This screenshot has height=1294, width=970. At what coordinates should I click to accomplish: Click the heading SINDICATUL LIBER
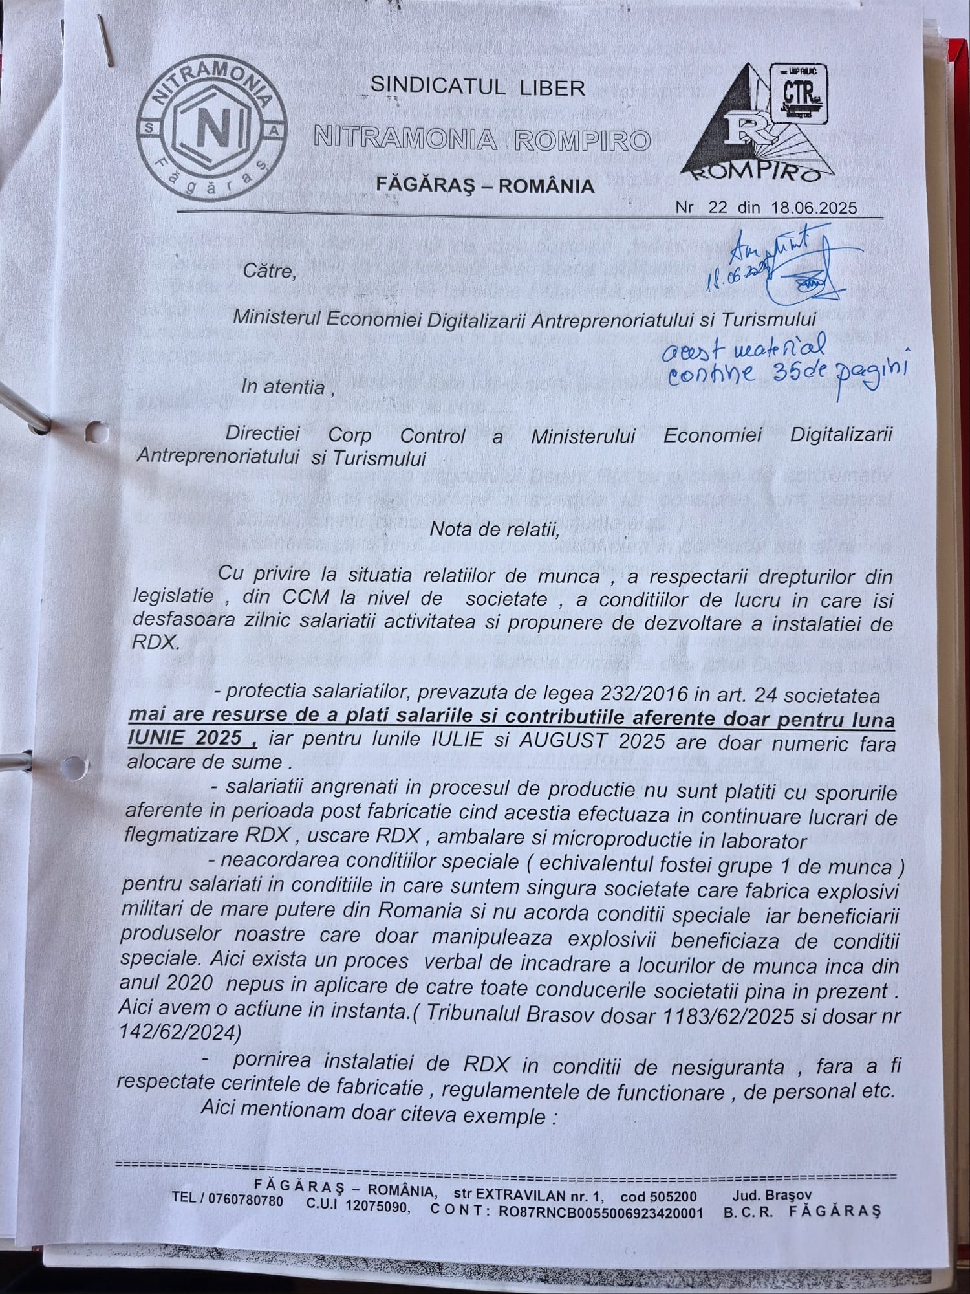coord(477,87)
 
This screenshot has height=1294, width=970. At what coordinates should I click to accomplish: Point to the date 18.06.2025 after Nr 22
coord(814,208)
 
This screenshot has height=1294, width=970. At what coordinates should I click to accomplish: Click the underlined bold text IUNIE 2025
coord(186,738)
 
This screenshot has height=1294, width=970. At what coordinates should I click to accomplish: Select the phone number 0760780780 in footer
coord(246,1199)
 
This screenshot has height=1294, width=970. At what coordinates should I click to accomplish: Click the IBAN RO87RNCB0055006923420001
coord(600,1212)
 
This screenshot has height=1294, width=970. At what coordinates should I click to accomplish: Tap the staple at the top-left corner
coord(107,40)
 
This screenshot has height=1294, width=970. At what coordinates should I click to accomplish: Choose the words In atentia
coord(283,388)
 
